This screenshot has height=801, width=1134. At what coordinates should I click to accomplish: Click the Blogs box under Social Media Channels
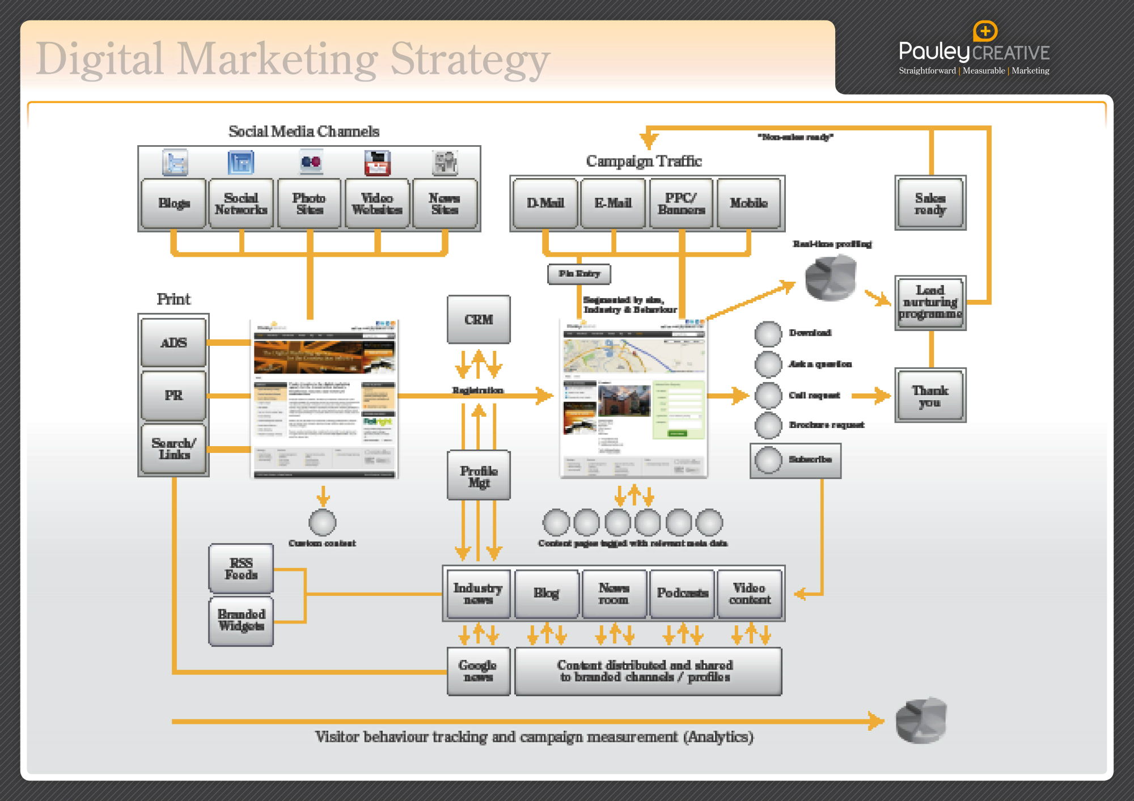point(174,204)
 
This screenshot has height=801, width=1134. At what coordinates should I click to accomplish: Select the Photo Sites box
point(309,204)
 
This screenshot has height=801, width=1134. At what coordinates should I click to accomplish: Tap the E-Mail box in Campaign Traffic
point(613,204)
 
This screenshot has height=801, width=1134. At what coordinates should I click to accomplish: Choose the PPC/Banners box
point(681,204)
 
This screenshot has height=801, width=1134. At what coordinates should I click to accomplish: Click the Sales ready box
point(930,204)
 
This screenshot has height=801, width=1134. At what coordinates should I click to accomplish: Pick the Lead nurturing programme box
point(930,302)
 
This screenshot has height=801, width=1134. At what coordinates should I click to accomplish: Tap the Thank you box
point(930,396)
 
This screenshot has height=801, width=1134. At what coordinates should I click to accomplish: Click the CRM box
point(479,320)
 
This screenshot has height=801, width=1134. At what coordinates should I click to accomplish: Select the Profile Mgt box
point(479,476)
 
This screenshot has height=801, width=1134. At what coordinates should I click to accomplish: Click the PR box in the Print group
point(174,395)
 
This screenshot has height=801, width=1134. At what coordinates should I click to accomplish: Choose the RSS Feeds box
point(241,569)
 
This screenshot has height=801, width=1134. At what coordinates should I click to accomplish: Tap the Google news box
point(478,671)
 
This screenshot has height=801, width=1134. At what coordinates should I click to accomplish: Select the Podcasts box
point(682,594)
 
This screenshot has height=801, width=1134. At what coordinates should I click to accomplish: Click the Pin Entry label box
point(579,274)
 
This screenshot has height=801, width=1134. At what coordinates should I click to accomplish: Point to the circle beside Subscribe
point(768,460)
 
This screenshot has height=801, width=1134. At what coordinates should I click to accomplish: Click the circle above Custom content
point(323,522)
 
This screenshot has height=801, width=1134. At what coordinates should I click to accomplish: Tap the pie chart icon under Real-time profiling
point(831,277)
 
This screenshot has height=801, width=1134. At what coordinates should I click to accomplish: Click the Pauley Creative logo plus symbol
point(985,31)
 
